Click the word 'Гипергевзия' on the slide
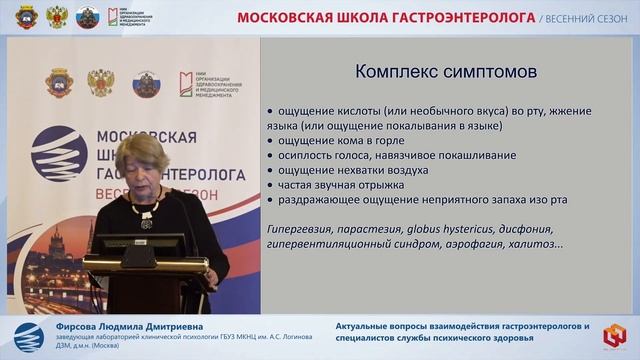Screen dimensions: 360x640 (302, 228)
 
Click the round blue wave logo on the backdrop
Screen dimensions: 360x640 (58, 157)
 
